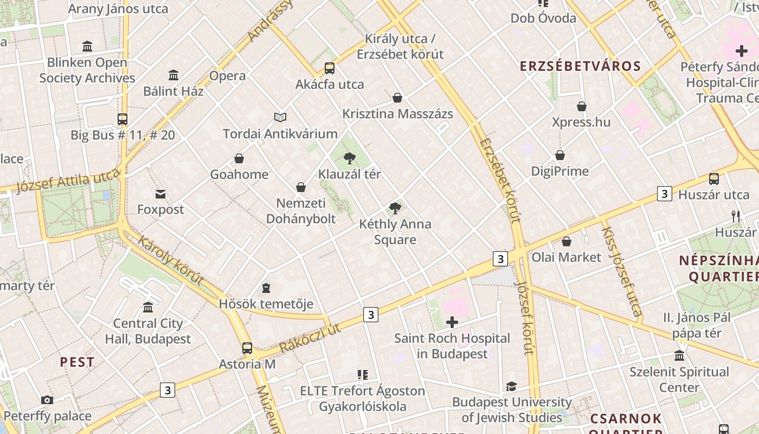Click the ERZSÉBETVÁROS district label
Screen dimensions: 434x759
580,66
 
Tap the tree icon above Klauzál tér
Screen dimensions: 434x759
350,158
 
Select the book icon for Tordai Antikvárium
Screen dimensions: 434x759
280,117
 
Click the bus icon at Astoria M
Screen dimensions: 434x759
247,348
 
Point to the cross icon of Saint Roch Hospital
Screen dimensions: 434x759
452,323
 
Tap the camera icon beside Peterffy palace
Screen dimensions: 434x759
47,400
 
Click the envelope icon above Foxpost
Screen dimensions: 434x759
160,194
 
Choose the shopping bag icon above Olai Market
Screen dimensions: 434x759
567,241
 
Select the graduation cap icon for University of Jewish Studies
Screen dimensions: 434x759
511,386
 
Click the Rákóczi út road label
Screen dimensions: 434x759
310,338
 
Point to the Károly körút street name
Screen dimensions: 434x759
170,260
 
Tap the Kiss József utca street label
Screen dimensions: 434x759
621,271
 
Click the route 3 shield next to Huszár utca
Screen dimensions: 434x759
665,194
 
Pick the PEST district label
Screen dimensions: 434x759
77,362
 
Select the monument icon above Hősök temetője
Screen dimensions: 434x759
266,288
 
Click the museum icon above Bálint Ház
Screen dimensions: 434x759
173,75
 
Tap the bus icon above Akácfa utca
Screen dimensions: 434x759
329,68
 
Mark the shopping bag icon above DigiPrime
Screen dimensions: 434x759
560,156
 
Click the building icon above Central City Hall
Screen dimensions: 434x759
148,308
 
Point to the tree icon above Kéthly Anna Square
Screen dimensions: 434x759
395,208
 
